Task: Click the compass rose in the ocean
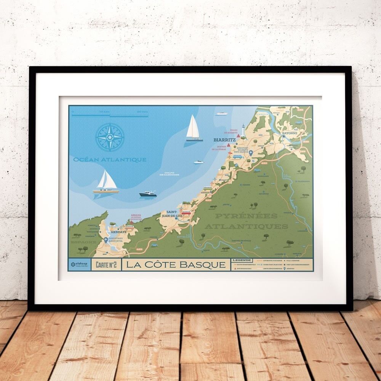coord(110,137)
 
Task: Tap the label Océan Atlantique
coord(108,160)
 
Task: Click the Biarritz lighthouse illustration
coord(243,130)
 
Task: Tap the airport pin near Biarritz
coord(251,153)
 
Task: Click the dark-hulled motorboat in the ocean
coord(148,194)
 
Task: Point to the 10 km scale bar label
coord(104,112)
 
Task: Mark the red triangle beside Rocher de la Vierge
coord(229,145)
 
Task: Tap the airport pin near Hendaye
coord(106,240)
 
